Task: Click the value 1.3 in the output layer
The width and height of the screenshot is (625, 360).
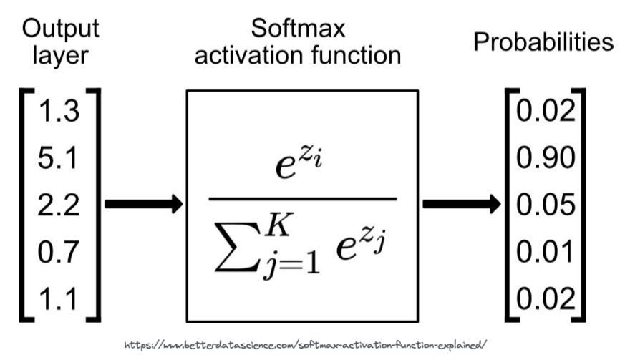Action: (x=59, y=113)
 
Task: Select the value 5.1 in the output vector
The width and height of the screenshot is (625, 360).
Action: (x=59, y=158)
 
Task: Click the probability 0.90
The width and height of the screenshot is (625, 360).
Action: (x=544, y=158)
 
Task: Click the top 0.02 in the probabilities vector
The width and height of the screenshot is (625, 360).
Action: (x=544, y=113)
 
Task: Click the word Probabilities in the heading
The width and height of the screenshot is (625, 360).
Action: (x=543, y=42)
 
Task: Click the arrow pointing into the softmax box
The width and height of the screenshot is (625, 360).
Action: (x=143, y=204)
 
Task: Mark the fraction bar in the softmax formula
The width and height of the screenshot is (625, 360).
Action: (x=301, y=199)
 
